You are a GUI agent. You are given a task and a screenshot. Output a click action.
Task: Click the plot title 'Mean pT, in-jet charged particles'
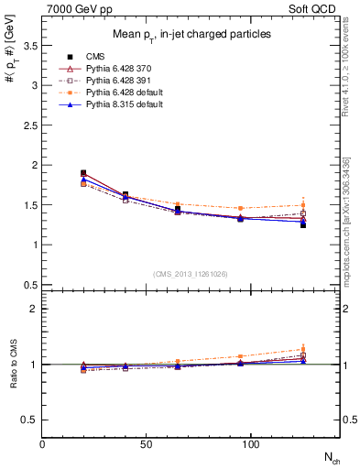[191, 34]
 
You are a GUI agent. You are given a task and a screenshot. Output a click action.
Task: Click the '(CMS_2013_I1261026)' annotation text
[191, 273]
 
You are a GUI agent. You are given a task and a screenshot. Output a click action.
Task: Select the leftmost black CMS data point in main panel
[83, 173]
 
